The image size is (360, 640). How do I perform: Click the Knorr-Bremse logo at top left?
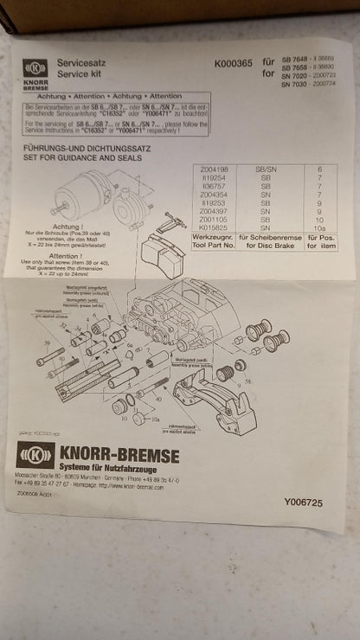point(35,69)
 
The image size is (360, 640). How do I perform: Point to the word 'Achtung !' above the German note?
point(63,220)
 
